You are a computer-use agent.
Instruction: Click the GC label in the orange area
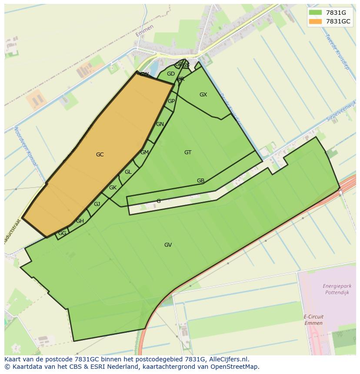pyautogui.click(x=100, y=155)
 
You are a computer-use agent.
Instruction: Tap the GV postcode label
pyautogui.click(x=168, y=245)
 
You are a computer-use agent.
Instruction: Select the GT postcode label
pyautogui.click(x=188, y=152)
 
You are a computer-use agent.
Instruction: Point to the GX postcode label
pyautogui.click(x=203, y=95)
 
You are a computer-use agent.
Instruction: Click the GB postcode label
pyautogui.click(x=200, y=181)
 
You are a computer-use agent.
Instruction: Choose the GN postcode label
pyautogui.click(x=160, y=124)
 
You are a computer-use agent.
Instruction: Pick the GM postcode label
pyautogui.click(x=144, y=152)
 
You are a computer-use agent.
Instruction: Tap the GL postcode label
pyautogui.click(x=128, y=172)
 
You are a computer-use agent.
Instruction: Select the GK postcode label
pyautogui.click(x=113, y=188)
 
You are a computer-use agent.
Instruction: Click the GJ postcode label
pyautogui.click(x=97, y=204)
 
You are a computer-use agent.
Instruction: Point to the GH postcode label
pyautogui.click(x=80, y=221)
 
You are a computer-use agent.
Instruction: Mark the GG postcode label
pyautogui.click(x=62, y=233)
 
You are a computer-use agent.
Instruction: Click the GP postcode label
pyautogui.click(x=171, y=101)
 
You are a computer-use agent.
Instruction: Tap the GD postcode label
pyautogui.click(x=170, y=74)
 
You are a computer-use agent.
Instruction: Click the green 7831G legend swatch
pyautogui.click(x=315, y=12)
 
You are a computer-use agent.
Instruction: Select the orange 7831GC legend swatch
pyautogui.click(x=315, y=21)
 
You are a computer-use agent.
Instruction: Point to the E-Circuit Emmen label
pyautogui.click(x=313, y=320)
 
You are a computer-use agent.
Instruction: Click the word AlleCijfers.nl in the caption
pyautogui.click(x=227, y=360)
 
